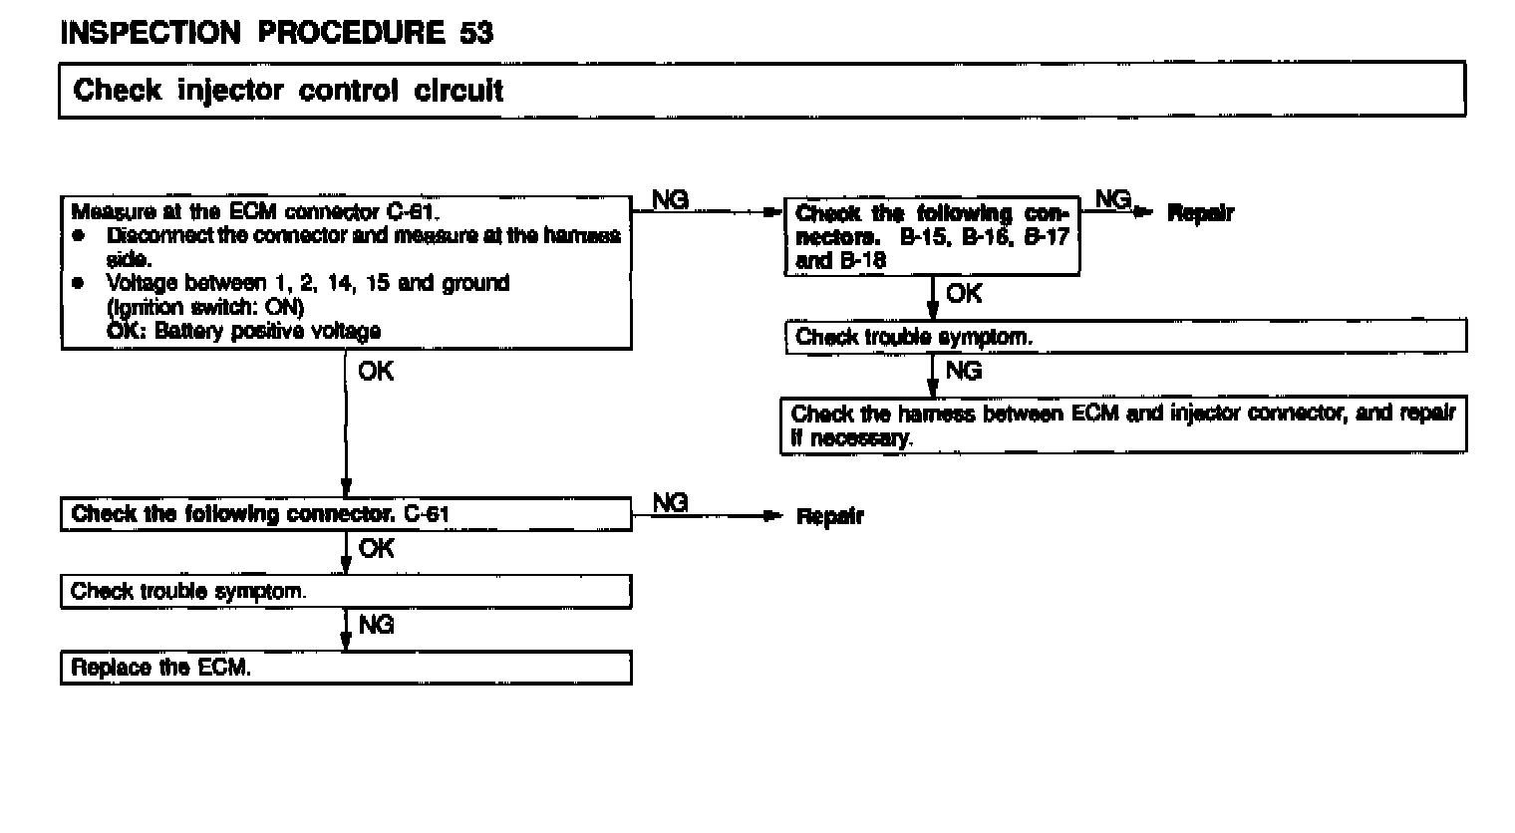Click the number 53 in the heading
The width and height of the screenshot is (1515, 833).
(475, 33)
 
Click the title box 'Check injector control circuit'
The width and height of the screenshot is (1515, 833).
(761, 90)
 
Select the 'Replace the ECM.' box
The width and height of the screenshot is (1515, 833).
(346, 668)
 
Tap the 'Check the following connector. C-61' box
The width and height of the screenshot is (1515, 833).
(346, 515)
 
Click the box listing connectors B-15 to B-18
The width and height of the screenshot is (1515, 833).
(932, 237)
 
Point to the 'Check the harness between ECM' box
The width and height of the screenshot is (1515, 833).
(1123, 425)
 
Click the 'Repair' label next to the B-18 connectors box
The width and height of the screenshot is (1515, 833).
(1200, 213)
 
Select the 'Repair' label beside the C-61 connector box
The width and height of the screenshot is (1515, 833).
(829, 516)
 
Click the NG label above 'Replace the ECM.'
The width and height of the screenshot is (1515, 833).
(376, 625)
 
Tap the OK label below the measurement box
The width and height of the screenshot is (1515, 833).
(376, 371)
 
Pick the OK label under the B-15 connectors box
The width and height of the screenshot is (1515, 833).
(964, 294)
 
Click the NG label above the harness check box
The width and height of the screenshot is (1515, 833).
(964, 371)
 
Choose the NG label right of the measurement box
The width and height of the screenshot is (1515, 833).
(671, 199)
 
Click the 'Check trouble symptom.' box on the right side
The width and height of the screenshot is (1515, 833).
(1125, 337)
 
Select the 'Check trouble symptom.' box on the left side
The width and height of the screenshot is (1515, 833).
(346, 592)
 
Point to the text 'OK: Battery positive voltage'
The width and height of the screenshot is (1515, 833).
(243, 332)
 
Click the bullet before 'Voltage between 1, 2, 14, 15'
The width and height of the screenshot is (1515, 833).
(79, 284)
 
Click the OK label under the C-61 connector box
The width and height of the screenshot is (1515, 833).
(376, 548)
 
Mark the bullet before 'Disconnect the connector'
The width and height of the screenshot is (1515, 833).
(79, 236)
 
